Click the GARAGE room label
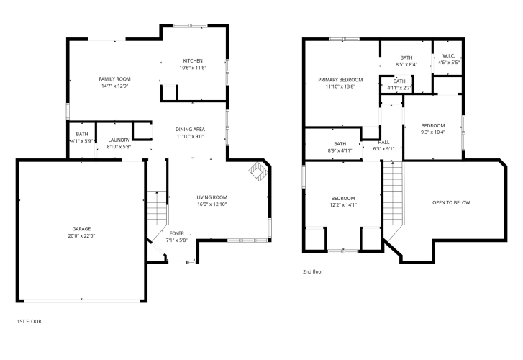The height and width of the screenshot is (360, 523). pyautogui.click(x=81, y=229)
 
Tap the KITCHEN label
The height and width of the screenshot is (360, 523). pyautogui.click(x=193, y=60)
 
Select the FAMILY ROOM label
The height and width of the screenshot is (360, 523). pyautogui.click(x=114, y=79)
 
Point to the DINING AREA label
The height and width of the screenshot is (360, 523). pyautogui.click(x=190, y=129)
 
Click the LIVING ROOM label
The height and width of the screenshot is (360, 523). pyautogui.click(x=212, y=197)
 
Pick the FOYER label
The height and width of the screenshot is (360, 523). pyautogui.click(x=177, y=233)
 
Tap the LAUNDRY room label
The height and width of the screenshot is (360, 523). pyautogui.click(x=119, y=140)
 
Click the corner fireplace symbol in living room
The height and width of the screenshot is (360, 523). pyautogui.click(x=258, y=171)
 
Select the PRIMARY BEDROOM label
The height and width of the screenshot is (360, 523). pyautogui.click(x=340, y=80)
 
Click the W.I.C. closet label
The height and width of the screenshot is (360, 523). pyautogui.click(x=449, y=55)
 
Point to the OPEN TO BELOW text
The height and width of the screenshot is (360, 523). pyautogui.click(x=451, y=202)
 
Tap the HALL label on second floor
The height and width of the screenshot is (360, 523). pyautogui.click(x=383, y=143)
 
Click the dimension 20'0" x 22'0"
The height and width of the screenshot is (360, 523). pyautogui.click(x=81, y=235)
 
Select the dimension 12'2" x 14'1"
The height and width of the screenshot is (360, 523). pyautogui.click(x=343, y=205)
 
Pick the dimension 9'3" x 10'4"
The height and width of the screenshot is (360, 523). pyautogui.click(x=433, y=132)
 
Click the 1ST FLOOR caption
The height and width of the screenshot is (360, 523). pyautogui.click(x=29, y=321)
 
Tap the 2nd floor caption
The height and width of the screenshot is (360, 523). pyautogui.click(x=313, y=271)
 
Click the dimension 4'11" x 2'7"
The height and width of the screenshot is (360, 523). pyautogui.click(x=399, y=88)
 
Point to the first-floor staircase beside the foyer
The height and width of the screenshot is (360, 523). pyautogui.click(x=157, y=207)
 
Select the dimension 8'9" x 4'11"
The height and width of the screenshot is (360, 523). pyautogui.click(x=340, y=150)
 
